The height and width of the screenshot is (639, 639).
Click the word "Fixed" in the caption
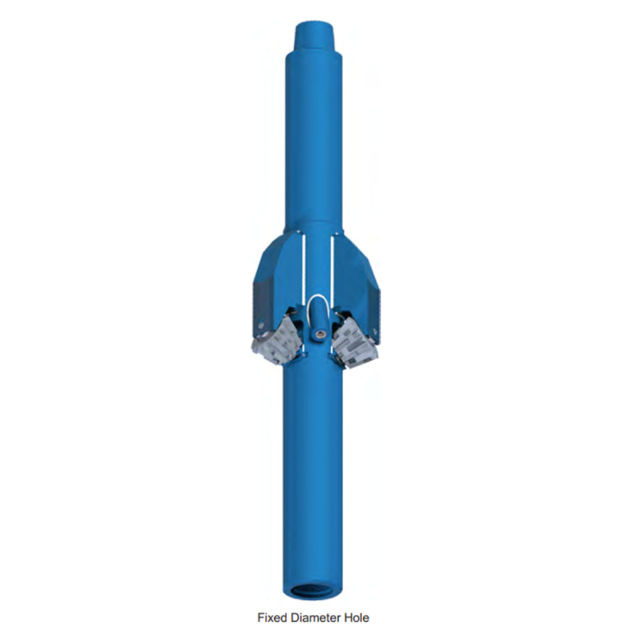click(272, 617)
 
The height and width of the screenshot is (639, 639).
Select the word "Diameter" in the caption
click(315, 617)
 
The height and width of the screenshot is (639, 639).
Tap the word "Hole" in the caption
click(356, 617)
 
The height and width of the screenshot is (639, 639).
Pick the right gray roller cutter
click(353, 343)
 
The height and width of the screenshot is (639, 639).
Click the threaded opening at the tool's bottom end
click(313, 590)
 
